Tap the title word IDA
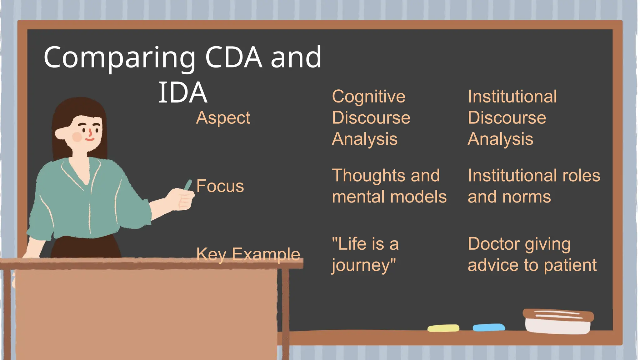point(183,93)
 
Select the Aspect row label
point(223,118)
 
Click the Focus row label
point(220,186)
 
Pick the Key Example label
point(248,254)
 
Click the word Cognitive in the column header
point(368,97)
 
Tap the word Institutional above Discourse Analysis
point(512,97)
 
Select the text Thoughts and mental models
point(389,186)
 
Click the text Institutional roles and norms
point(533,186)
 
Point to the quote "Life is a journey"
point(365,254)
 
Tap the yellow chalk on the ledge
point(443,328)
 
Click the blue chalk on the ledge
point(489,327)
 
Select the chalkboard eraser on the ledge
point(558,321)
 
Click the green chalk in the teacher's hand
point(188,185)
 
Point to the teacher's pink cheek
point(77,137)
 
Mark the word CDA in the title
point(233,58)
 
